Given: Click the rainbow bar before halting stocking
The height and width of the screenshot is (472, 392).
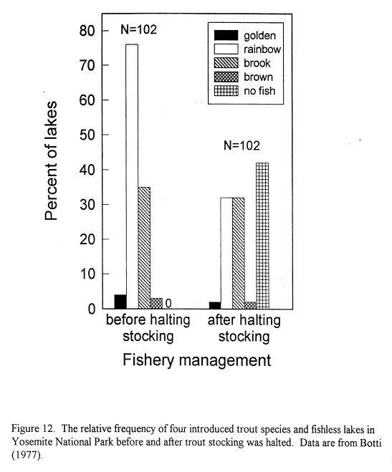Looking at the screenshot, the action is click(132, 176).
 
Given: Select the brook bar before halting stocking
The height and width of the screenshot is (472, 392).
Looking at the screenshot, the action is click(144, 248).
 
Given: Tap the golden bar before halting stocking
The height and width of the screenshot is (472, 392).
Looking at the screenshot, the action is click(120, 302).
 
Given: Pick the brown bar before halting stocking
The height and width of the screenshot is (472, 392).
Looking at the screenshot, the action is click(156, 304).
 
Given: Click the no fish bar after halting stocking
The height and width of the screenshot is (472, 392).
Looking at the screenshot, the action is click(262, 236).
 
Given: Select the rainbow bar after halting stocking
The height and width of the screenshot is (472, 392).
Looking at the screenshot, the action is click(226, 253).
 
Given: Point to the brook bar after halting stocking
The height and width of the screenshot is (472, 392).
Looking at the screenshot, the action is click(239, 253).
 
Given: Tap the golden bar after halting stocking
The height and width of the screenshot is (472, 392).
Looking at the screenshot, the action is click(215, 305).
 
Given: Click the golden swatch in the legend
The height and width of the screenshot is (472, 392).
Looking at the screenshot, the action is click(226, 35).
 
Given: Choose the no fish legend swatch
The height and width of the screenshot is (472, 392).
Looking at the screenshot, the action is click(226, 91).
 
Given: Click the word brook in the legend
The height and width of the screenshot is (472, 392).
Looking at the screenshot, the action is click(257, 63).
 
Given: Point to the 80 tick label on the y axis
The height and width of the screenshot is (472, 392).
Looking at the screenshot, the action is click(87, 30).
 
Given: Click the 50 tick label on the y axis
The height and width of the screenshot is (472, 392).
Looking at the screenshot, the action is click(87, 135).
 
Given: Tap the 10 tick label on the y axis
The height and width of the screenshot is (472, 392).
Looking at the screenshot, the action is click(87, 274).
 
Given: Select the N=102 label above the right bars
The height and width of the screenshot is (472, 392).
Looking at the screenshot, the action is click(242, 145).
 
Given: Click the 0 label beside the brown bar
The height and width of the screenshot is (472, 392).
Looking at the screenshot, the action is click(168, 303).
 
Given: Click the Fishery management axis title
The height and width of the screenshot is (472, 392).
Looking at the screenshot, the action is click(197, 360).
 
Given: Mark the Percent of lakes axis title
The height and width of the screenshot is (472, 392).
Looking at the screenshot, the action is click(51, 160).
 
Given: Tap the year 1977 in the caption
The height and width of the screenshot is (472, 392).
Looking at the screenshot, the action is click(26, 455).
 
